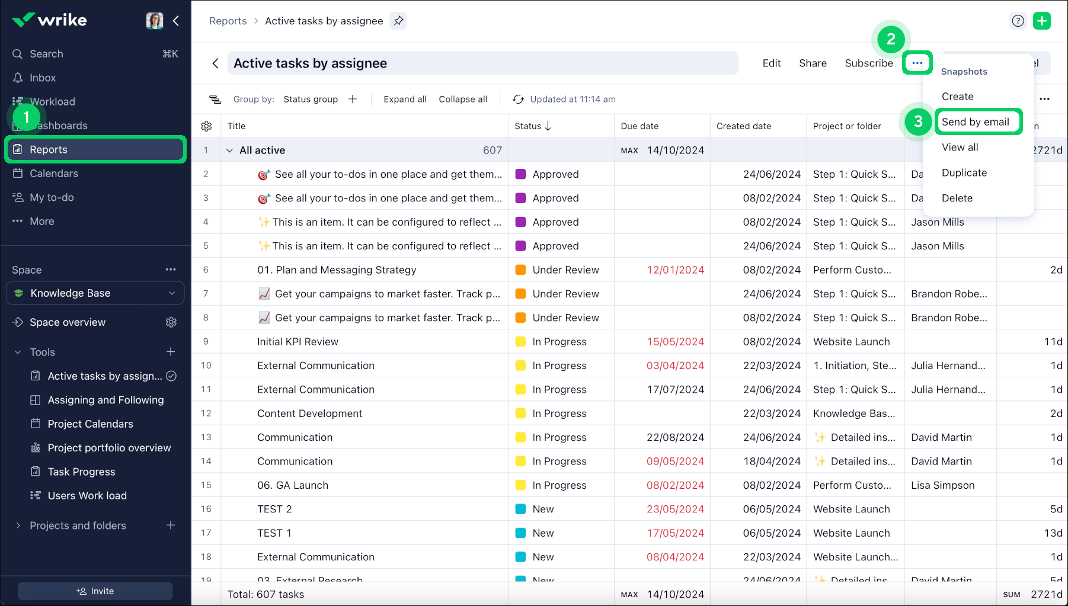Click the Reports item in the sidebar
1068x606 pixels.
(49, 149)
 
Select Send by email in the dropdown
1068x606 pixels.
(975, 122)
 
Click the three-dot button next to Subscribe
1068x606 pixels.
(917, 63)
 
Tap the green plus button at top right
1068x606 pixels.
(1041, 21)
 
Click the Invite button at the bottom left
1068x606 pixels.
(95, 591)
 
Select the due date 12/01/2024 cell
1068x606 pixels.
(675, 270)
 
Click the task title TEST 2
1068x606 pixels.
(274, 509)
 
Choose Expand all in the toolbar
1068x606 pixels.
(405, 99)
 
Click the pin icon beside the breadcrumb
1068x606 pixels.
(399, 21)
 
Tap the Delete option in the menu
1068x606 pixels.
(957, 198)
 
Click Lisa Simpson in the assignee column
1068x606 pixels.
(942, 485)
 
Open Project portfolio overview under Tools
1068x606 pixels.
(109, 448)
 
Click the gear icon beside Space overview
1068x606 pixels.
(171, 322)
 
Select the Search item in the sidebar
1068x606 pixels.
(46, 54)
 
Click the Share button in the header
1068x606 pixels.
(812, 63)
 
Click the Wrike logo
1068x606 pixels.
(50, 20)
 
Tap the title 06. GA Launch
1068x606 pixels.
(293, 485)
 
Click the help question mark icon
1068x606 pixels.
(1018, 21)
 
